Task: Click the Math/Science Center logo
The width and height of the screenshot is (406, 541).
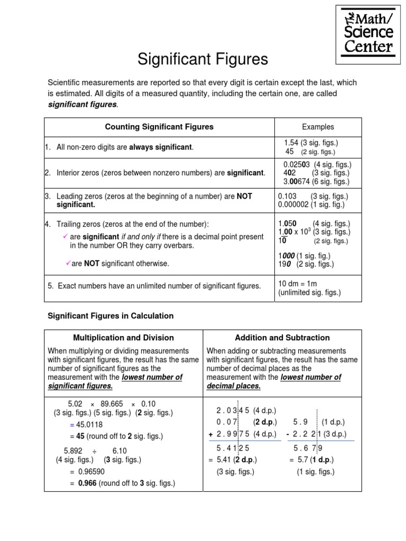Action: [x=369, y=33]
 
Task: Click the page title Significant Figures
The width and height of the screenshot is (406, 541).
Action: [x=203, y=60]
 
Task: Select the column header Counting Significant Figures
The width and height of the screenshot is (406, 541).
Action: [x=159, y=127]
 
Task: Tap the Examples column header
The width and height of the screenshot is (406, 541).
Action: [x=318, y=127]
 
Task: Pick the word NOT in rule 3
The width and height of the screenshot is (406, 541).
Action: [x=244, y=196]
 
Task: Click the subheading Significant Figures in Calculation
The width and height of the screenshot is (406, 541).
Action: [x=110, y=316]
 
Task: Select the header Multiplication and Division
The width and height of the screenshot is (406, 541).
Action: [x=123, y=338]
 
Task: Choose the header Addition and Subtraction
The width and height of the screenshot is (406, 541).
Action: [x=282, y=338]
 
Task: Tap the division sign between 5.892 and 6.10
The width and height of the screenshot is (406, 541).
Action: [x=95, y=451]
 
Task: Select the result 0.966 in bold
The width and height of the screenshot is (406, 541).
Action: [x=87, y=483]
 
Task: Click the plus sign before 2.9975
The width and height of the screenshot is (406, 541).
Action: [x=210, y=434]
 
